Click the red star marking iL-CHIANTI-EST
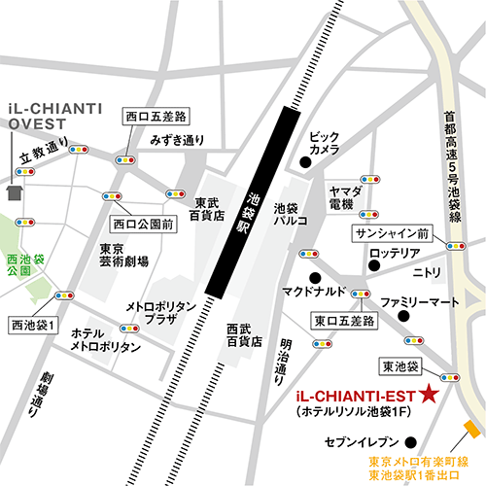[429, 394]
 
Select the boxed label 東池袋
[400, 365]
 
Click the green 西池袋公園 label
[24, 266]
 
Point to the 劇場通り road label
[44, 398]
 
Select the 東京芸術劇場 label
[123, 255]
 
